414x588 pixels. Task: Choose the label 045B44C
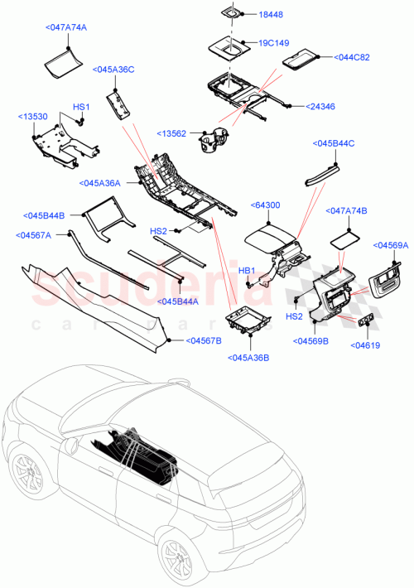click(335, 143)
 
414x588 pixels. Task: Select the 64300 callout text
click(266, 203)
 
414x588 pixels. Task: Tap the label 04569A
click(392, 245)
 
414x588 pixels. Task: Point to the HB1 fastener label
click(247, 271)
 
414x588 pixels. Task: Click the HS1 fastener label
click(81, 108)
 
